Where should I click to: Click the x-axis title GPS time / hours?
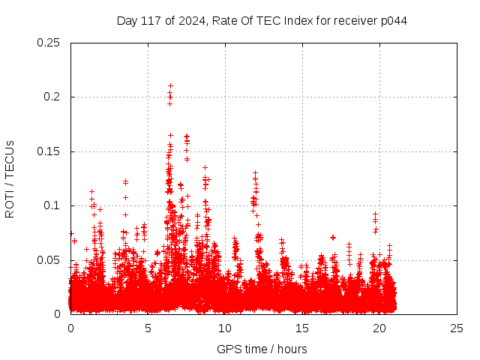coord(262,349)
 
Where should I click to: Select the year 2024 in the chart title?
coord(192,20)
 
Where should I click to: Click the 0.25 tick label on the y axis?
coord(49,43)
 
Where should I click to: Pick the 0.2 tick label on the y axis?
coord(52,97)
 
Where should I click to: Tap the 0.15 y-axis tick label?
coord(49,151)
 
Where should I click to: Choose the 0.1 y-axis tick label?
coord(52,205)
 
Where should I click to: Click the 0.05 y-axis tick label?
coord(49,260)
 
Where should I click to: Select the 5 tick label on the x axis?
coord(148,328)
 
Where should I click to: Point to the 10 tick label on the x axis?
coord(225,328)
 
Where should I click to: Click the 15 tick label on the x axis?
coord(302,328)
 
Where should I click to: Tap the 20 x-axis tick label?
coord(379,328)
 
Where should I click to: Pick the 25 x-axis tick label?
coord(457,328)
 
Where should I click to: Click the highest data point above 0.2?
coord(170,85)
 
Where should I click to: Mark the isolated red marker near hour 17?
coord(332,237)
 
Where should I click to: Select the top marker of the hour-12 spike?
coord(255,172)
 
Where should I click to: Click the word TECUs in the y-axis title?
coord(10,159)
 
